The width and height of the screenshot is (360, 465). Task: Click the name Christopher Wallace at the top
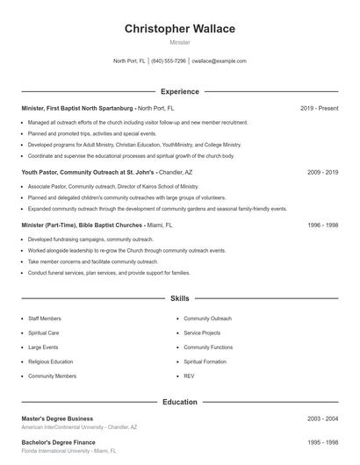tap(179, 29)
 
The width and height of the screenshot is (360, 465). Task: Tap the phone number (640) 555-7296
tap(169, 61)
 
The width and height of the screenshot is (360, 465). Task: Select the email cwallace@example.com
tap(219, 61)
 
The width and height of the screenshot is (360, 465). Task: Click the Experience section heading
tap(179, 91)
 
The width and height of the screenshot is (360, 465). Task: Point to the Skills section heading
tap(179, 299)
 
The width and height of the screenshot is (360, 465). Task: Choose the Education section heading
tap(179, 402)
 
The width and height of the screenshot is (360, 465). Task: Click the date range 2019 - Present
tap(319, 108)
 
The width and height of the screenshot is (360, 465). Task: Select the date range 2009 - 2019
tap(322, 172)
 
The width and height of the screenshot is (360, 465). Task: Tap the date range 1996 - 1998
tap(322, 225)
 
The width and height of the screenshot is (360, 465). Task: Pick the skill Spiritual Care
tap(44, 333)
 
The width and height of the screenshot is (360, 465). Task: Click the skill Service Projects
tap(202, 333)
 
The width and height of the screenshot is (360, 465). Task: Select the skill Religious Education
tap(50, 361)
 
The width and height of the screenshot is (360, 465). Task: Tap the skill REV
tap(189, 376)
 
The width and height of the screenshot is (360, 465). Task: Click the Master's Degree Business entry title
tap(57, 418)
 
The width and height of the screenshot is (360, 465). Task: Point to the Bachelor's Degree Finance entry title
tap(58, 443)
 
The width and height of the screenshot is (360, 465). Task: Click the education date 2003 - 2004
tap(322, 418)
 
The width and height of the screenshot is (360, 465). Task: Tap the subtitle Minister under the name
tap(179, 42)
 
